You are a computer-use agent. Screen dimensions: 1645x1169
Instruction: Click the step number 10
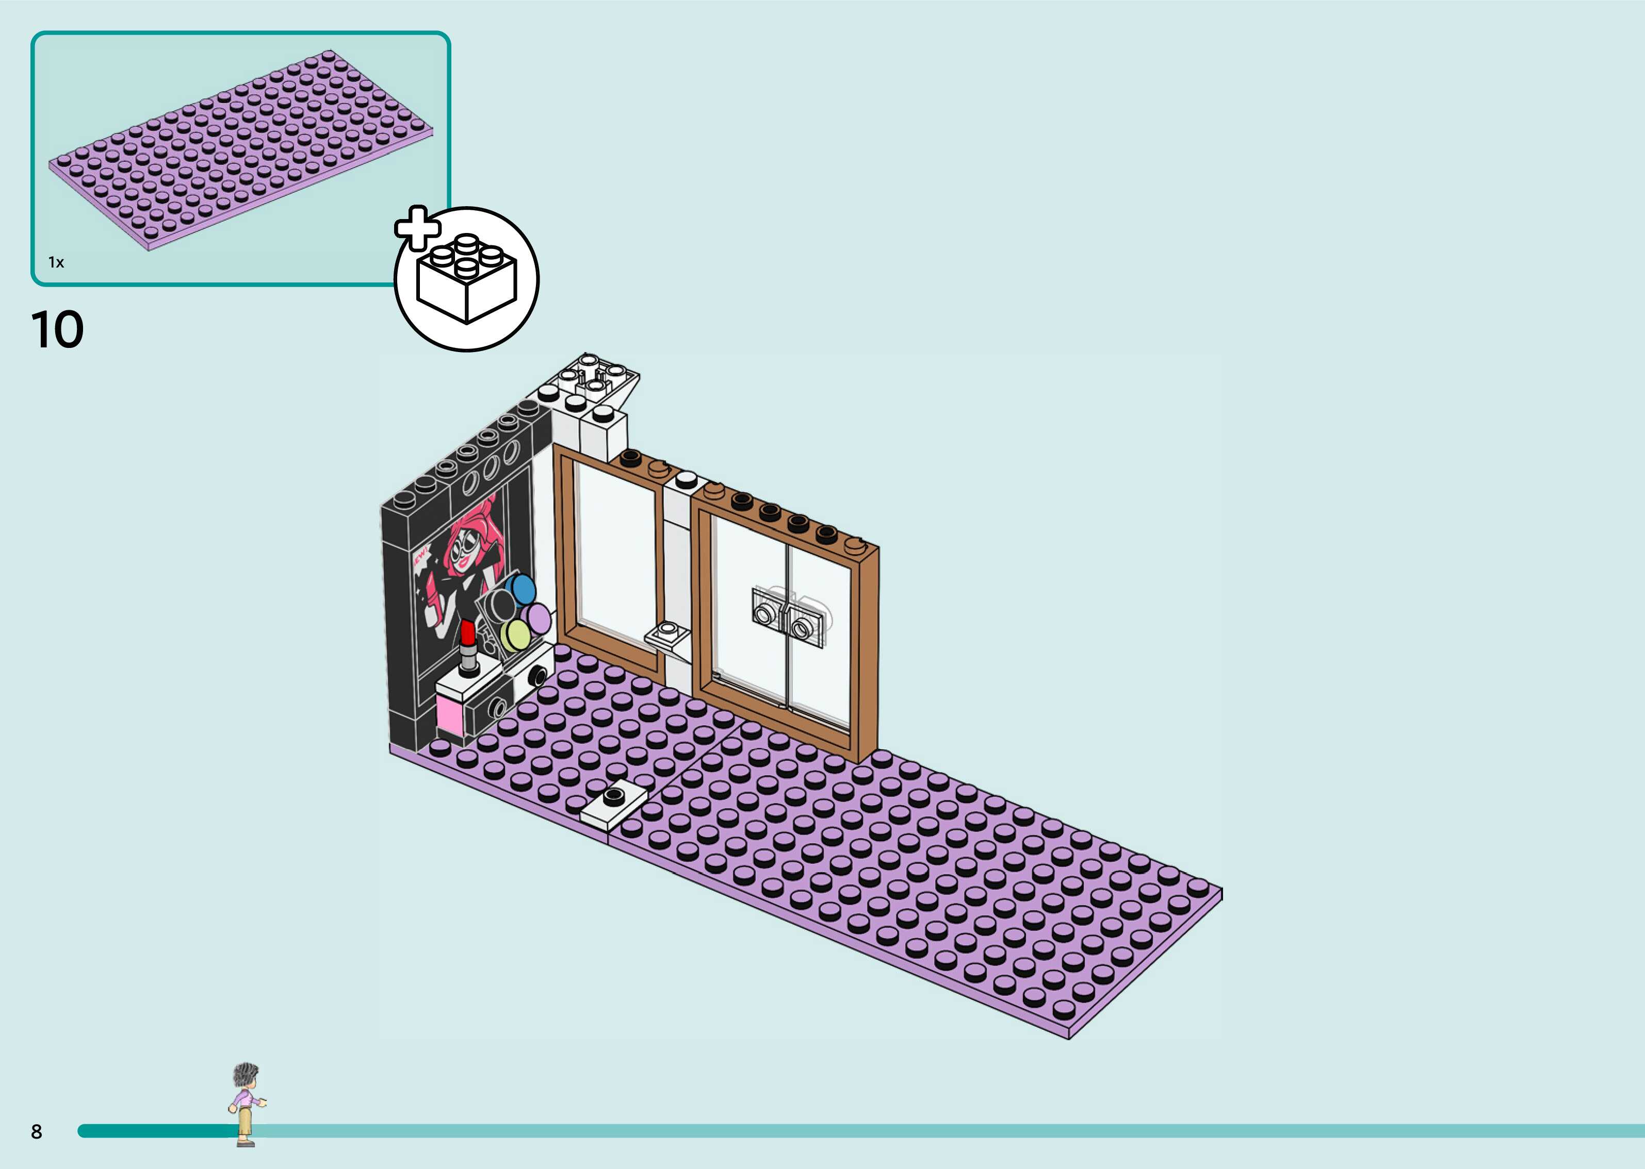click(x=58, y=330)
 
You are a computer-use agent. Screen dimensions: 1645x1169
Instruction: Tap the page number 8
click(x=37, y=1131)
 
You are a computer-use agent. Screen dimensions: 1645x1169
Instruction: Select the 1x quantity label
click(x=56, y=262)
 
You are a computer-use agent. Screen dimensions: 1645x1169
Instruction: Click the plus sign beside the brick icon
click(x=417, y=227)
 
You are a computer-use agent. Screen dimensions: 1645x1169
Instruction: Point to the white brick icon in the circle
click(x=467, y=281)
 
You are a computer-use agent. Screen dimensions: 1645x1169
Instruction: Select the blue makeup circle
click(x=520, y=589)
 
